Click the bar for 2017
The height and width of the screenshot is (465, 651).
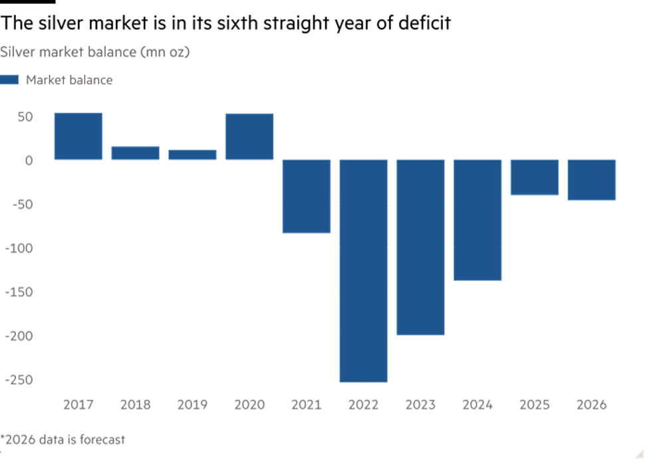[x=78, y=136]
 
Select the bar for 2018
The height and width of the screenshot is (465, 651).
[x=135, y=153]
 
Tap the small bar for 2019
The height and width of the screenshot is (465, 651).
[x=192, y=154]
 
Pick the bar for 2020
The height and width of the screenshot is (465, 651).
[x=249, y=136]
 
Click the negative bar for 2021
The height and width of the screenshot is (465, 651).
[x=307, y=196]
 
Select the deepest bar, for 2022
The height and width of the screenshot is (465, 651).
[x=363, y=270]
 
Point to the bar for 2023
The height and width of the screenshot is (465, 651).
[x=420, y=248]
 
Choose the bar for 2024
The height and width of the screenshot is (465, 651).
[x=477, y=220]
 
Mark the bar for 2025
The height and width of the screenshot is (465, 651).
[x=535, y=177]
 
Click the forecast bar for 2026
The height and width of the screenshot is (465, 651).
[x=592, y=180]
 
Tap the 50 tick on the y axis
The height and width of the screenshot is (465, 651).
[x=26, y=116]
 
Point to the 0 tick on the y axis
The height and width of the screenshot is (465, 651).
[x=29, y=160]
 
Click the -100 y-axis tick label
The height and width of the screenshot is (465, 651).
[x=20, y=247]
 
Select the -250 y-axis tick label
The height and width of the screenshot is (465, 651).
[x=20, y=379]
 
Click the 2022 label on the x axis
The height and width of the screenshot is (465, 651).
[x=363, y=404]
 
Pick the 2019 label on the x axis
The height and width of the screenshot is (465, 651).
[x=192, y=404]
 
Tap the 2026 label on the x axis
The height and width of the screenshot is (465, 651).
[x=592, y=404]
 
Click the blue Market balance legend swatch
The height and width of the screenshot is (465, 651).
[x=10, y=80]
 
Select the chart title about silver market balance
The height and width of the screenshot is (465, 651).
[x=95, y=52]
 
